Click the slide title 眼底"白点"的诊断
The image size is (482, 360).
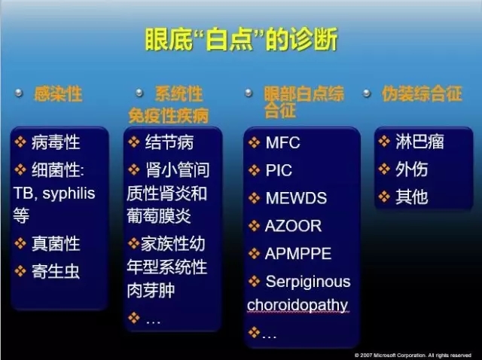241,39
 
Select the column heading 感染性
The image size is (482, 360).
58,94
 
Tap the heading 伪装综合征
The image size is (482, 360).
422,93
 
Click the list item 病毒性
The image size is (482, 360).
56,142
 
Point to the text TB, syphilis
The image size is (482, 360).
54,194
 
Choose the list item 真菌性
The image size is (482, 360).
56,244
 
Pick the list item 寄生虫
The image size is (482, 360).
56,272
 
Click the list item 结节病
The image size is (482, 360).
169,142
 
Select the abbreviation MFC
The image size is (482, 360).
283,142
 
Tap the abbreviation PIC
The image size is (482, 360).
279,170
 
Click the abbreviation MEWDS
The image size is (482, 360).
296,198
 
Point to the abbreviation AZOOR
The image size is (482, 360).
293,226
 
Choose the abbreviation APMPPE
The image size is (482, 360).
298,254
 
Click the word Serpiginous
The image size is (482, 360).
308,282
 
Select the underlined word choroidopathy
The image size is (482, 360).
297,305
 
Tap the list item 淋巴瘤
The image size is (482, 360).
420,142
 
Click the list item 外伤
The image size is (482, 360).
412,169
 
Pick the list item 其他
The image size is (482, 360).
412,197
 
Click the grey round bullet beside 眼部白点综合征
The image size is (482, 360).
249,93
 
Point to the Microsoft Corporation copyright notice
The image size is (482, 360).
413,355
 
